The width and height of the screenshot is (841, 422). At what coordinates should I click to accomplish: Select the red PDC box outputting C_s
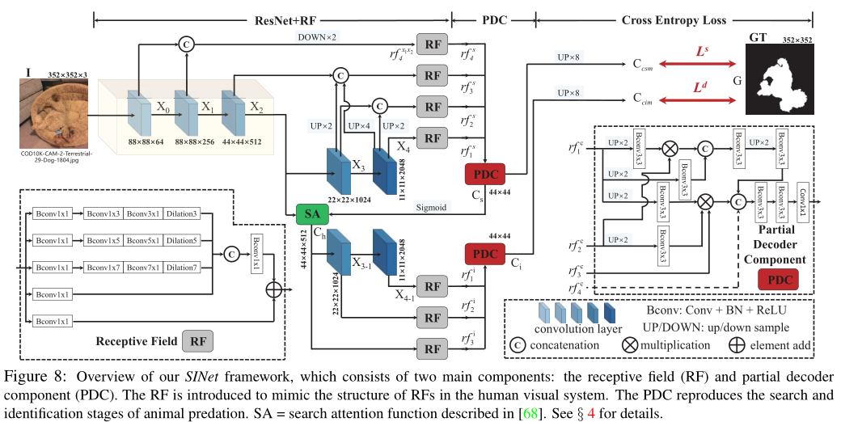pos(484,174)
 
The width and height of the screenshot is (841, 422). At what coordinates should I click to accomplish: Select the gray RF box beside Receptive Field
pos(198,341)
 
